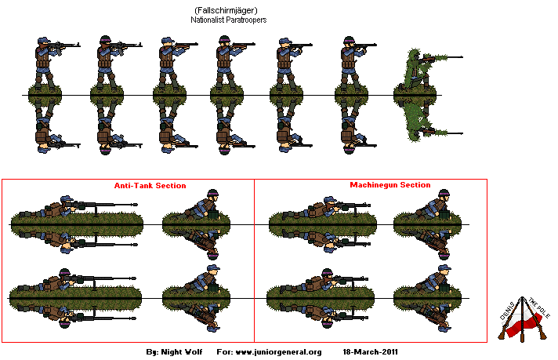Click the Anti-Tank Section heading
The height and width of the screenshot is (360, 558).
(145, 186)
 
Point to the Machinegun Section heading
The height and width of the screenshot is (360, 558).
(390, 185)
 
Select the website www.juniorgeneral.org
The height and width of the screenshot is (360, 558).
(279, 351)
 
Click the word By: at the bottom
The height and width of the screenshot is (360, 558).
(154, 351)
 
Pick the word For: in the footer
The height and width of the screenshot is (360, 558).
(223, 351)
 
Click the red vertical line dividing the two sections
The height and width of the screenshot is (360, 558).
(255, 259)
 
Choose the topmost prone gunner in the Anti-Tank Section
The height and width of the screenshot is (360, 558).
(59, 209)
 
